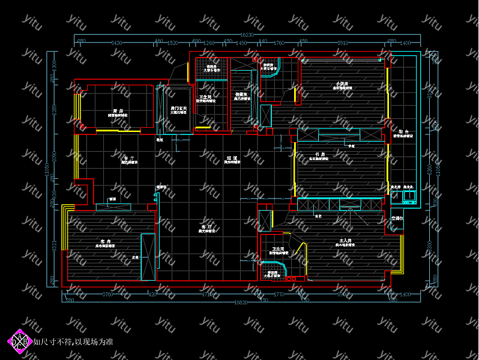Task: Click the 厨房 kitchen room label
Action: coord(117,111)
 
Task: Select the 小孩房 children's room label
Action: coord(342,83)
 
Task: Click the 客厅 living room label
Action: coord(207,227)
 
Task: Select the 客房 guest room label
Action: coord(107,241)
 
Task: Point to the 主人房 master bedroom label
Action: coord(345,241)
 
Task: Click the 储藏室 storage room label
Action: coord(242,94)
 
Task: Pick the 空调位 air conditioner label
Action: coord(397,218)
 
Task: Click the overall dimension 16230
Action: coord(248,35)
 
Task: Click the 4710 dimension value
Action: coord(206,295)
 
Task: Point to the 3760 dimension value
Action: coord(107,295)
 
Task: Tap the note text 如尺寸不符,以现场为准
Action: coord(73,342)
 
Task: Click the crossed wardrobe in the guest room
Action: coord(148,257)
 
